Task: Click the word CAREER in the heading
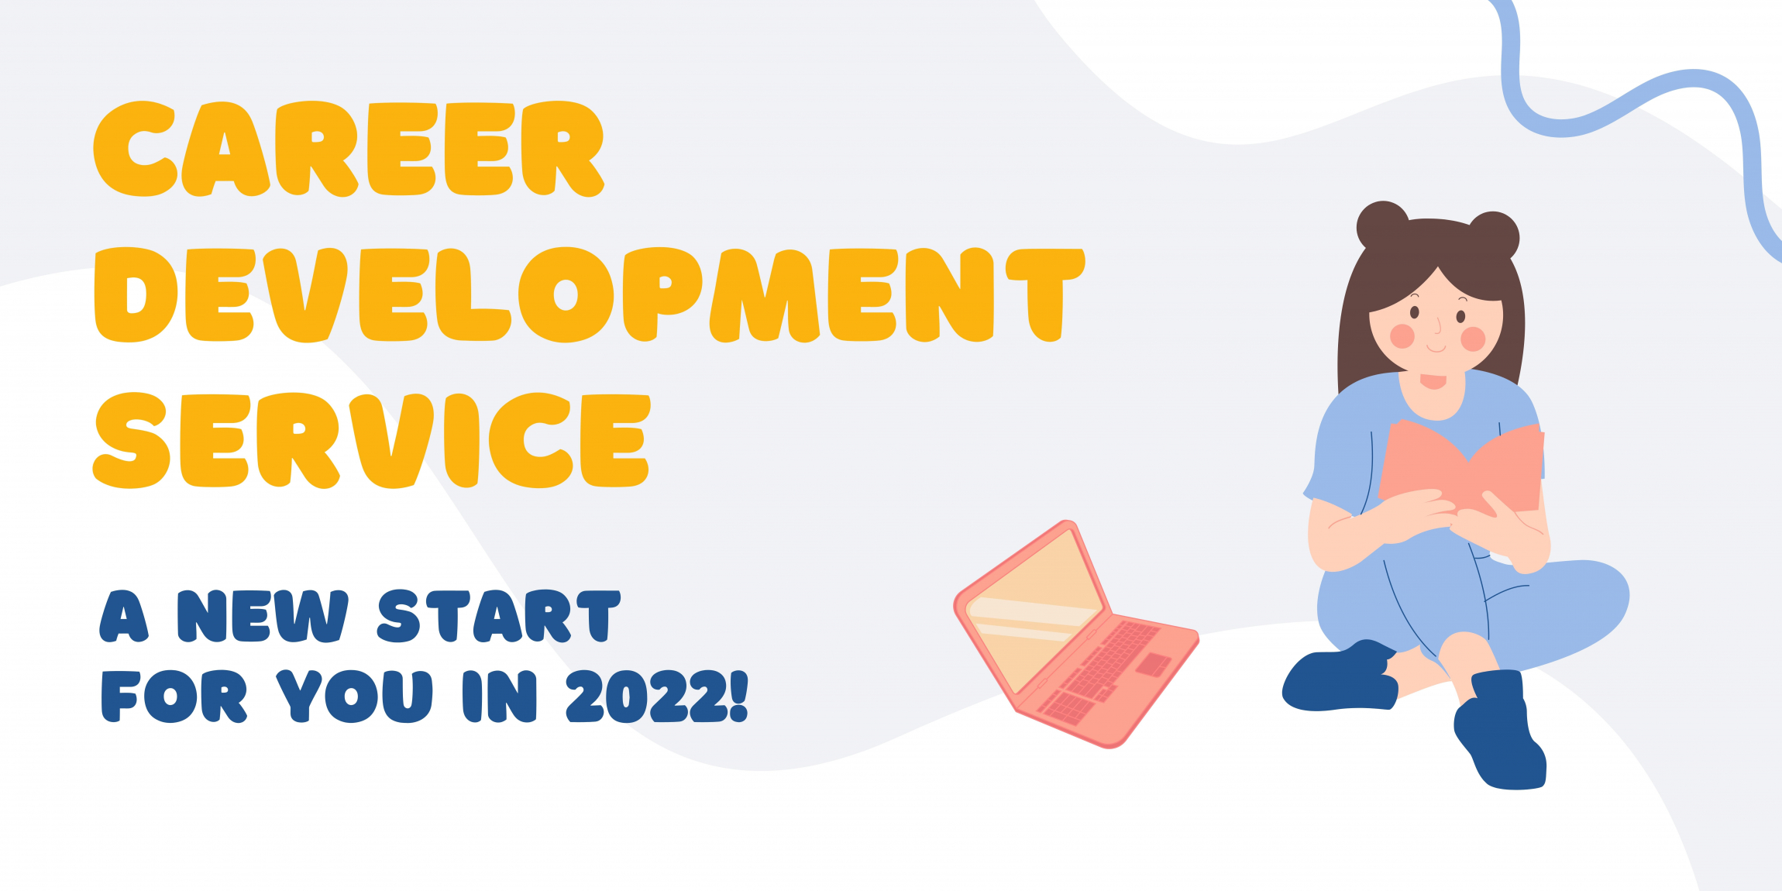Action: click(x=349, y=149)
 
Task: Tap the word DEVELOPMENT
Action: click(x=590, y=295)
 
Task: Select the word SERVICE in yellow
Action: click(x=372, y=441)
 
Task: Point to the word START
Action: click(x=499, y=617)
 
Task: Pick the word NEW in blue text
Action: click(x=263, y=617)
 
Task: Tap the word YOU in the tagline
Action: click(x=354, y=697)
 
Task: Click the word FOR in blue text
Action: click(x=174, y=697)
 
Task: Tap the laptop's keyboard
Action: click(x=1100, y=671)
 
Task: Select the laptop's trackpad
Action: click(x=1153, y=664)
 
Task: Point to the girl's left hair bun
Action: click(x=1382, y=225)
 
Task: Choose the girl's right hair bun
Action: click(x=1494, y=234)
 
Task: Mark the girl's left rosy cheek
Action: click(x=1402, y=335)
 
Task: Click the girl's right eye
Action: click(x=1460, y=316)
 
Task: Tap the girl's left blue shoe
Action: click(x=1340, y=677)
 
